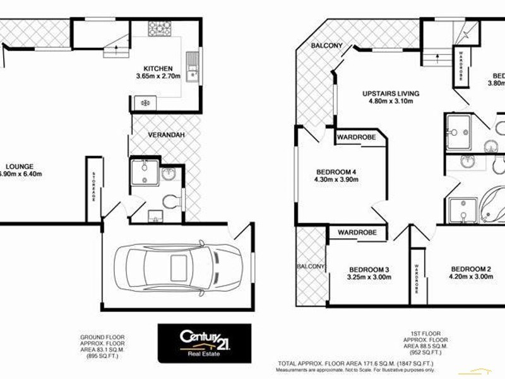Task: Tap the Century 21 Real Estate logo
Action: tap(204, 343)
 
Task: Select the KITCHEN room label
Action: tap(157, 68)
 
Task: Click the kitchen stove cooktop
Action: tap(160, 28)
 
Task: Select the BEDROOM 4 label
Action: tap(337, 171)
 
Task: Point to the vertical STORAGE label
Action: tap(93, 187)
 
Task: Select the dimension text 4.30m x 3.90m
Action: tap(337, 179)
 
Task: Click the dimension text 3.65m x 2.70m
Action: tap(157, 76)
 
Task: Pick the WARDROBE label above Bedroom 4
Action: tap(356, 137)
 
